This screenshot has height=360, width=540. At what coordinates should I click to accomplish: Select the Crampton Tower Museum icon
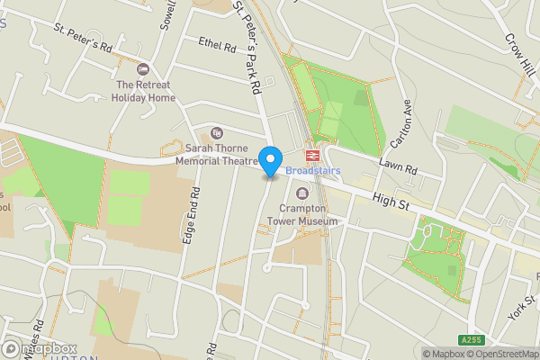[301, 194]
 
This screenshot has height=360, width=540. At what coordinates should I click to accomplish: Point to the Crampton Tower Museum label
[307, 214]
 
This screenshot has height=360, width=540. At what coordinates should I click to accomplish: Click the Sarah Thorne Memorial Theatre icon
[215, 133]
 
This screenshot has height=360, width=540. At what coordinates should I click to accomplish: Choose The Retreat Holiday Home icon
[141, 70]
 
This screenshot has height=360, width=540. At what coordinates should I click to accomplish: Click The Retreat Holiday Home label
[141, 91]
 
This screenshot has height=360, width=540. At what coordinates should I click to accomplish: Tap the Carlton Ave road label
[400, 122]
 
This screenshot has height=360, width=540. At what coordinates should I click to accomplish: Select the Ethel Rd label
[217, 44]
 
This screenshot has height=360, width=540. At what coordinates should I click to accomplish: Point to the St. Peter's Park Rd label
[247, 47]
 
